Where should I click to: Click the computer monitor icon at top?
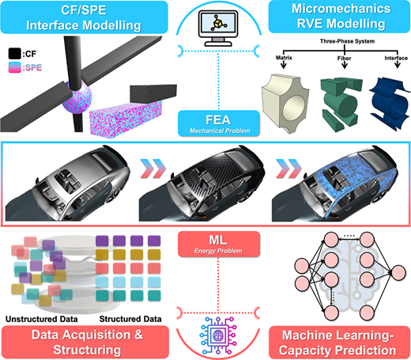(218, 28)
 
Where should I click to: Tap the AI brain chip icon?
(217, 335)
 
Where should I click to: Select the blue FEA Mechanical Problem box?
(219, 123)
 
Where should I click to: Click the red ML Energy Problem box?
(219, 244)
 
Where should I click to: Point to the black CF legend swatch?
(14, 54)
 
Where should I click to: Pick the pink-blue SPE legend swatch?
(14, 67)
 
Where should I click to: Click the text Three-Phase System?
(347, 41)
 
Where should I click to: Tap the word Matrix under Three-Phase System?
(284, 58)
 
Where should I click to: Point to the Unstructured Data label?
(42, 319)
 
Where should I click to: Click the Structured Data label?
(130, 319)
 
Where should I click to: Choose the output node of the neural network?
(398, 273)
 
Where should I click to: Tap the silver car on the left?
(67, 184)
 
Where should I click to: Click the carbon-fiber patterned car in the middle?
(202, 184)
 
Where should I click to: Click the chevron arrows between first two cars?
(153, 169)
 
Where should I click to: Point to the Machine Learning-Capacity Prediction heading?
(337, 343)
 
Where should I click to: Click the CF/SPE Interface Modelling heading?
(84, 17)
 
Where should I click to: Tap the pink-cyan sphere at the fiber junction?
(77, 97)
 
